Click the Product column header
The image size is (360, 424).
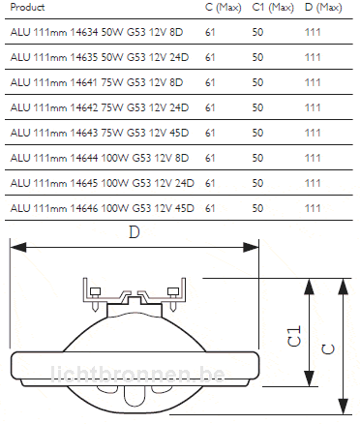coord(27,7)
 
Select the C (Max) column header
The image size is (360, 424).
coord(224,7)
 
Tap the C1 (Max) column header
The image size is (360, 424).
coord(273,7)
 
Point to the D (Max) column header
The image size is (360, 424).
coord(323,7)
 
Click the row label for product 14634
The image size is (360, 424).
coord(97,32)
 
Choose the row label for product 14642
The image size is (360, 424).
coord(100,107)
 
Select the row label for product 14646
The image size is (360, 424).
coord(103,208)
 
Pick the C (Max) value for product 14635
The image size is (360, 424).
coord(210,57)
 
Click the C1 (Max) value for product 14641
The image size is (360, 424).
coord(257,82)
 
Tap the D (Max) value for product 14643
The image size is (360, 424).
coord(313,133)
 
